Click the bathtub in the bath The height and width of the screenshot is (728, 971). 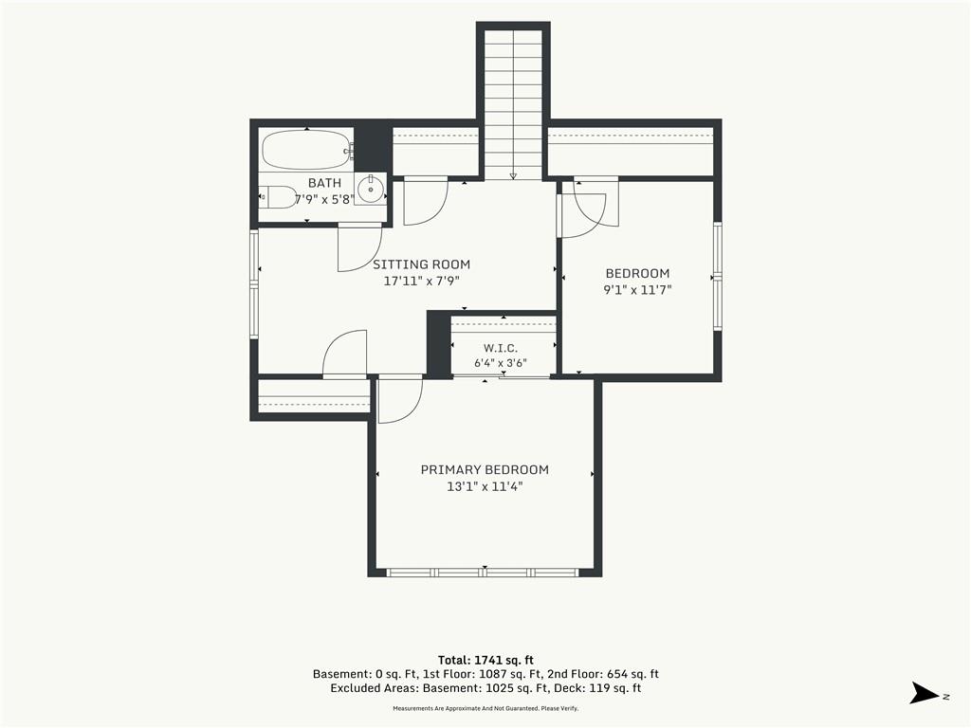pos(306,149)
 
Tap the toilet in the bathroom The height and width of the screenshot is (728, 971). pos(278,197)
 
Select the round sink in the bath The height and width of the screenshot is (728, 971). pos(371,189)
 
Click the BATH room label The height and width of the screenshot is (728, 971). pos(324,183)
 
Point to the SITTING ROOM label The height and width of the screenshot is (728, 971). pos(421,264)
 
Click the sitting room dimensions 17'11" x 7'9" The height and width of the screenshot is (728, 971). pos(421,281)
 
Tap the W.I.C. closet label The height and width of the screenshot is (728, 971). pos(501,348)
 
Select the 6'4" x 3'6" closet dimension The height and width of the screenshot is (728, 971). pos(501,363)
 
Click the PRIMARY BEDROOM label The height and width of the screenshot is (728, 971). pos(485,470)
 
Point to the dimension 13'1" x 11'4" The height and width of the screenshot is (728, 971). pos(485,486)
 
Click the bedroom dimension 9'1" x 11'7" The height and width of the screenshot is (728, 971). pos(637,290)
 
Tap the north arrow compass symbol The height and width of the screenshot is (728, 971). pos(925,693)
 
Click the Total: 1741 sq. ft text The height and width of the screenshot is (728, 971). pos(485,660)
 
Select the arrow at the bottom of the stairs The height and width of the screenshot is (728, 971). pos(513,176)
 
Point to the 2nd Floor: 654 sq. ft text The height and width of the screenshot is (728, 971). pos(602,674)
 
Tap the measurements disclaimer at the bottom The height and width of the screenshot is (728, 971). pos(485,708)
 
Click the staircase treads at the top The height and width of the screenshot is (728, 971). pos(513,102)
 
